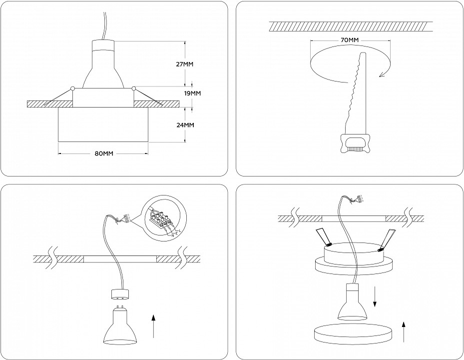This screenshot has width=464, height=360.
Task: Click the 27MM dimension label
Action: click(185, 64)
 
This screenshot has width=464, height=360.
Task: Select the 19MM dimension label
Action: click(192, 93)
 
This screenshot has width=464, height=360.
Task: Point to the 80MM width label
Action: click(104, 153)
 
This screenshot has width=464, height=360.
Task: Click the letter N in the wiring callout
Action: click(172, 235)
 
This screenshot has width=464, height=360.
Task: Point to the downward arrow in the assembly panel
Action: click(375, 298)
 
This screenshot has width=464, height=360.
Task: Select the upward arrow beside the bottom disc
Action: click(404, 331)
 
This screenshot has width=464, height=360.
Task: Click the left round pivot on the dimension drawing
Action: click(73, 89)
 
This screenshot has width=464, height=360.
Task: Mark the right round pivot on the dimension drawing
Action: click(134, 89)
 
